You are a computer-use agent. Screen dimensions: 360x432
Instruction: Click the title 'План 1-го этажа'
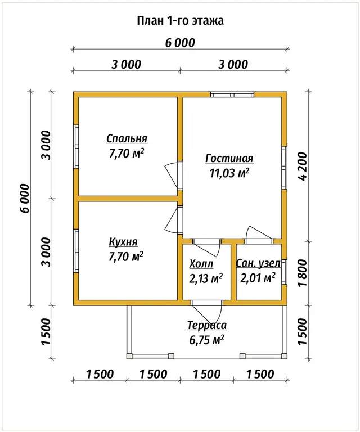coord(180,21)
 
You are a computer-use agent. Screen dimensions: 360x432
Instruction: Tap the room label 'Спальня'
coord(127,138)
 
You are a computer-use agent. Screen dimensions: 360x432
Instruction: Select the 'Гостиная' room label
coord(229,159)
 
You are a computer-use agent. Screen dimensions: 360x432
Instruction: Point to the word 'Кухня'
coord(123,242)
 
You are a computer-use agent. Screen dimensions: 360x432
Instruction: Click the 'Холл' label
coord(201,264)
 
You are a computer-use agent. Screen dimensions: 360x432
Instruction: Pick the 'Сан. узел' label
coord(258,263)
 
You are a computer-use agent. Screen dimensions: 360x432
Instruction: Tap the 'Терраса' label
coord(207,325)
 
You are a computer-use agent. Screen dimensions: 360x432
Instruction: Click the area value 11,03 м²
coord(229,173)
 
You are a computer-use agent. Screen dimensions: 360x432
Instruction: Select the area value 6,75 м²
coord(206,340)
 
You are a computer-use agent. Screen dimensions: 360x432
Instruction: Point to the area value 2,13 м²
coord(206,278)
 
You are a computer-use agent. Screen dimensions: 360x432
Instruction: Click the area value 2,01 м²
coord(258,278)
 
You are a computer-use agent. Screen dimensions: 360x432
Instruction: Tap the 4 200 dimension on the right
coord(302,166)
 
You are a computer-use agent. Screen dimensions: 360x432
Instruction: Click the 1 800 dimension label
coord(302,273)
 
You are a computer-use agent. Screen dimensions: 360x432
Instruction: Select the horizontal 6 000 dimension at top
coord(180,43)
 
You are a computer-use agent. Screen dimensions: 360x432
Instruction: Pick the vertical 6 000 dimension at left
coord(24,198)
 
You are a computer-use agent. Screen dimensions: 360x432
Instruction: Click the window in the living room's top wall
coord(232,94)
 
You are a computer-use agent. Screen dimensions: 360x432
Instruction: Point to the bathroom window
coord(284,272)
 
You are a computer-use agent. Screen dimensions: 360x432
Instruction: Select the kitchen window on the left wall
coord(76,251)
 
